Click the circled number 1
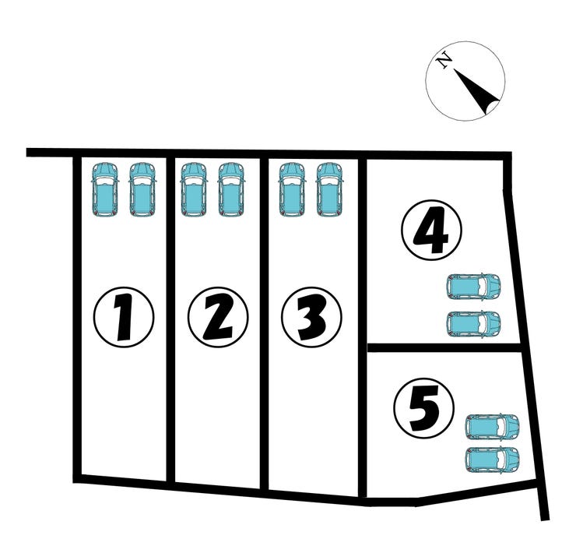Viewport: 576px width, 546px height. [124, 317]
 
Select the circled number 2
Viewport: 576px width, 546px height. [218, 317]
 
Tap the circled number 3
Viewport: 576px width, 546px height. [311, 317]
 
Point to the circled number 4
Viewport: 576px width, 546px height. [431, 231]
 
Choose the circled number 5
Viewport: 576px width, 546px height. [424, 408]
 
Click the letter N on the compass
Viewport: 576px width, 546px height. [444, 61]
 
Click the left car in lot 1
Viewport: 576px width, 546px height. [105, 190]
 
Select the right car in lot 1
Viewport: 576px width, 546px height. [142, 190]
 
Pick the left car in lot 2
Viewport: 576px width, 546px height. [194, 190]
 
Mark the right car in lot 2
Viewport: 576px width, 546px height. [231, 190]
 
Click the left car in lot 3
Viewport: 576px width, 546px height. [293, 190]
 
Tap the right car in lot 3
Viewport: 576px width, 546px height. [330, 190]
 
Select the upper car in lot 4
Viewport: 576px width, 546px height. [473, 287]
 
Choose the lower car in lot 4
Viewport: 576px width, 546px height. [473, 323]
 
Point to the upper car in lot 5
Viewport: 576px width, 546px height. [492, 427]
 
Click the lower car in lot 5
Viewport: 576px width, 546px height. [492, 460]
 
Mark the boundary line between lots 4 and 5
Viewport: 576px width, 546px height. [444, 348]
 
